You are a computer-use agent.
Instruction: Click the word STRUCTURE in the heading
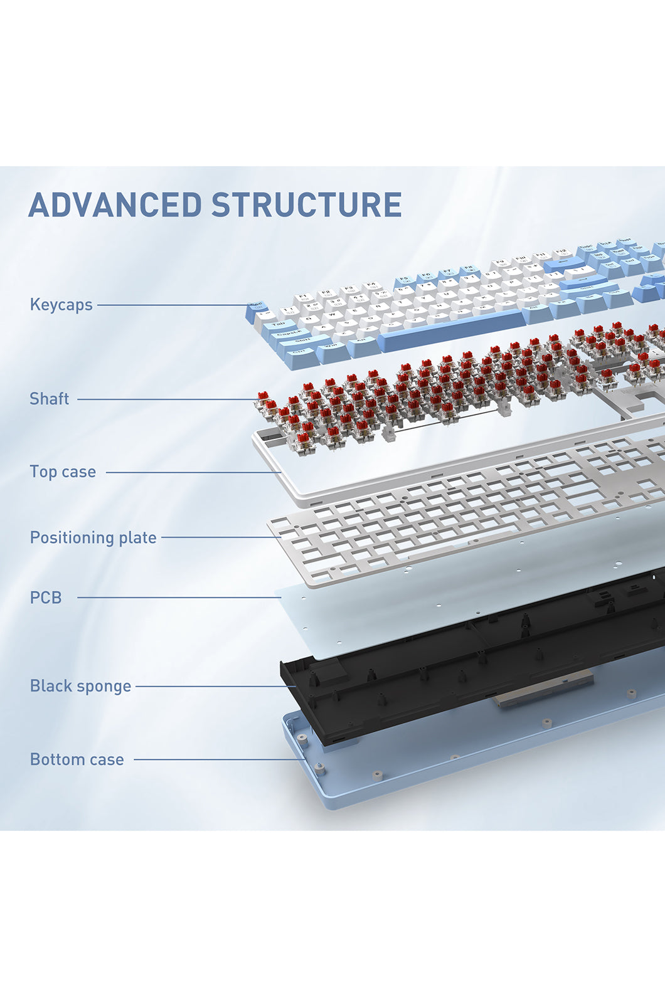(306, 205)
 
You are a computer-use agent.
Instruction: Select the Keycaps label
(61, 305)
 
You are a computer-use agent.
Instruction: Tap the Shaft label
(49, 399)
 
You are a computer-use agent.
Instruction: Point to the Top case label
(63, 472)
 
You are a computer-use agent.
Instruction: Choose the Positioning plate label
(93, 537)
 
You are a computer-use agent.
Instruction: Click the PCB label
(46, 598)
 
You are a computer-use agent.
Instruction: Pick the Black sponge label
(80, 686)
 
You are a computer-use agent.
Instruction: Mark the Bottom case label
(77, 759)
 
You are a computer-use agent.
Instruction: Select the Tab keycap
(277, 326)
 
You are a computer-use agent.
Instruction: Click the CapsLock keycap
(288, 337)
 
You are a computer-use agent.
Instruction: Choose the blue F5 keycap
(403, 280)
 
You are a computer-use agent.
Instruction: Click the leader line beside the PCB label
(179, 598)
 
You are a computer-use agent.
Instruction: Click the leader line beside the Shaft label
(166, 399)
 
